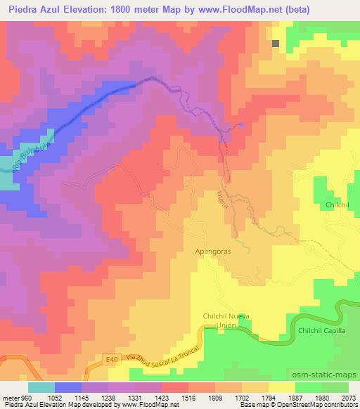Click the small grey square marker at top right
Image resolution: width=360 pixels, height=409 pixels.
click(276, 43)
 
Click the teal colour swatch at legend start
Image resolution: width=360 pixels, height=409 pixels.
click(41, 387)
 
